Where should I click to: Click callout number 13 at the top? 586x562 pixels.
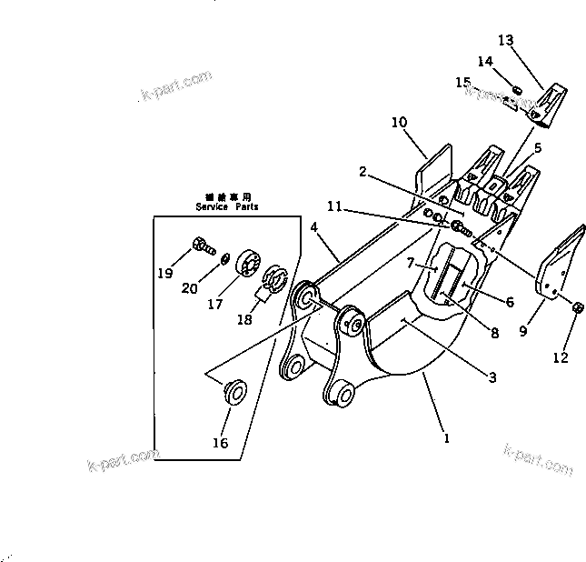coord(505,40)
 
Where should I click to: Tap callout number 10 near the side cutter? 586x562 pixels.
coord(399,122)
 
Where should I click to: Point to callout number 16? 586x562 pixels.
coord(220,443)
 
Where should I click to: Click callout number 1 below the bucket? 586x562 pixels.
coord(445,437)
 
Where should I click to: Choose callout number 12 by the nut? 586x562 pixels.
coord(560,357)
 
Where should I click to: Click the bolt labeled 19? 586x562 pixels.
coord(202,244)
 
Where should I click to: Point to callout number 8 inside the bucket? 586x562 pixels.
coord(495,333)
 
